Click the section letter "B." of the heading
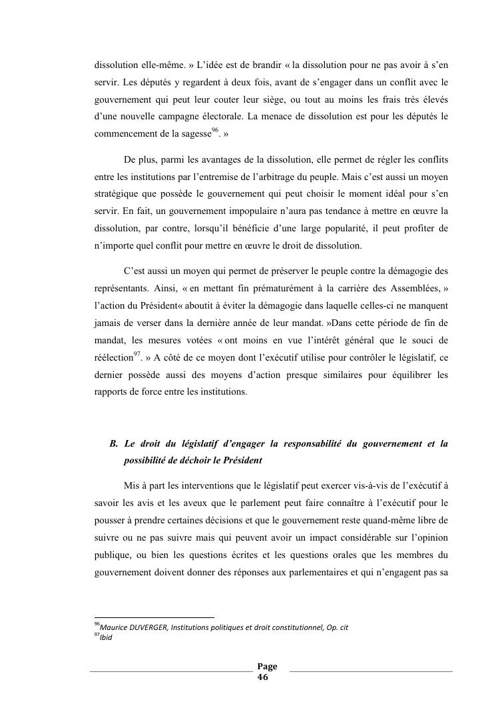click(x=113, y=443)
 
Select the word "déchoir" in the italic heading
click(x=193, y=461)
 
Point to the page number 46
click(x=262, y=676)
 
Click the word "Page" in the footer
click(x=267, y=666)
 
